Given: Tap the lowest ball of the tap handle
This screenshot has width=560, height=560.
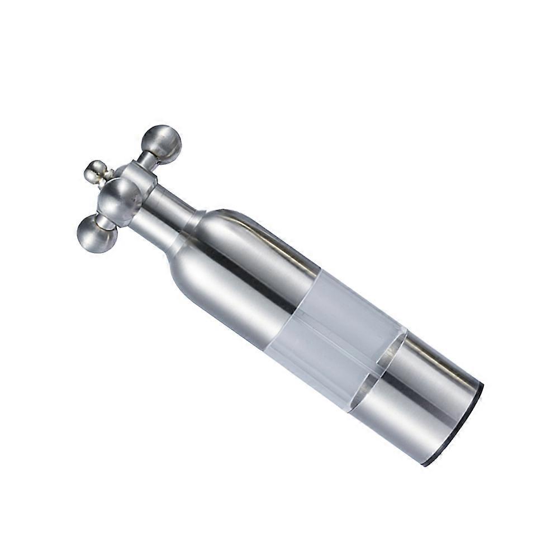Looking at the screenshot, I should (x=97, y=234).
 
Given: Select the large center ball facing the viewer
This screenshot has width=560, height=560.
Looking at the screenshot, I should (x=120, y=201).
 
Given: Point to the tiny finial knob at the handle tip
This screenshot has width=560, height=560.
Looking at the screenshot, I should (x=96, y=172).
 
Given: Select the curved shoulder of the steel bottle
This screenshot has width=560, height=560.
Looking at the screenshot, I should (x=204, y=246).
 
